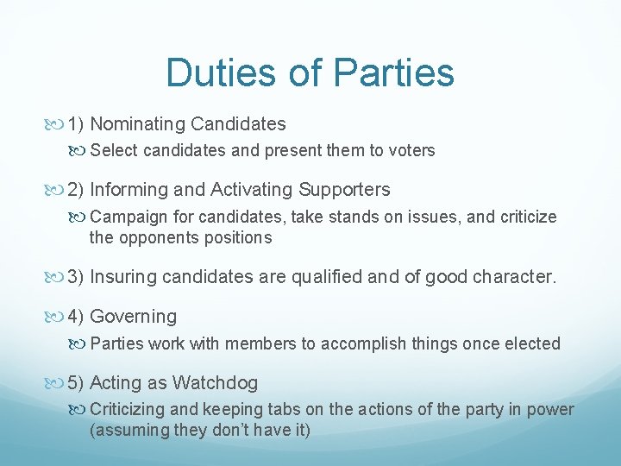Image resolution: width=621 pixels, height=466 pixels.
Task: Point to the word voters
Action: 412,151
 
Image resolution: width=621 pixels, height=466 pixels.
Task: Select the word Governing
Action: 133,317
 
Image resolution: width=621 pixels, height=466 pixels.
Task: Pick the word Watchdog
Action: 215,382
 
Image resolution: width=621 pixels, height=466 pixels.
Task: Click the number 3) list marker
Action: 75,277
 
